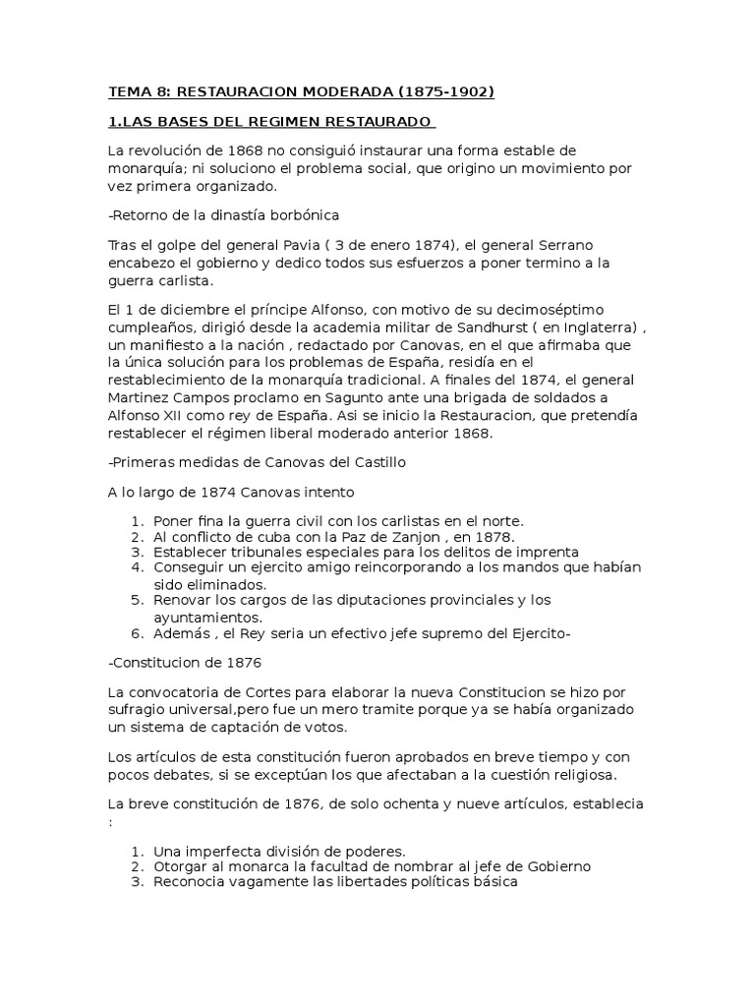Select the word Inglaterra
pyautogui.click(x=600, y=328)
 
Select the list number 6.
pyautogui.click(x=136, y=634)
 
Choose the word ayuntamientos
pyautogui.click(x=209, y=617)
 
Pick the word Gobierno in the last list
pyautogui.click(x=556, y=866)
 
